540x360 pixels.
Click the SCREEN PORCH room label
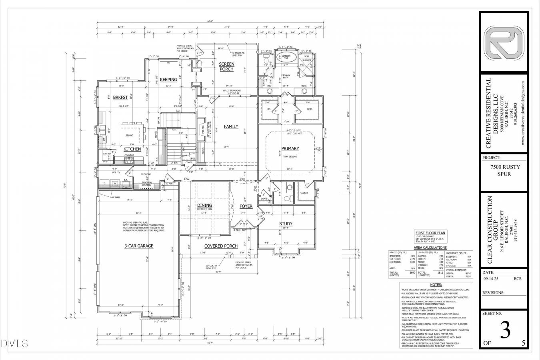point(226,66)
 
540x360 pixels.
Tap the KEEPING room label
point(168,80)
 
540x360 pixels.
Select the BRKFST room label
point(120,97)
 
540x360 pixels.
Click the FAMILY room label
point(231,126)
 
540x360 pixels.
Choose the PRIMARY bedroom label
point(290,148)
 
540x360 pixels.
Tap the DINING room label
point(204,206)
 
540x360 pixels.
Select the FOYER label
point(246,206)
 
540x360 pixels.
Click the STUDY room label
point(286,224)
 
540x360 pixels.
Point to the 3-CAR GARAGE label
point(139,246)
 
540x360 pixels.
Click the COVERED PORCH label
point(221,246)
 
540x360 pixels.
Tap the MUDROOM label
point(146,174)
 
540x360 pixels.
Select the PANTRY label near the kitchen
point(107,154)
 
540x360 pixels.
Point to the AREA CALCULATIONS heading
point(430,248)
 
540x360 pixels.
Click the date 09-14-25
point(491,279)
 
